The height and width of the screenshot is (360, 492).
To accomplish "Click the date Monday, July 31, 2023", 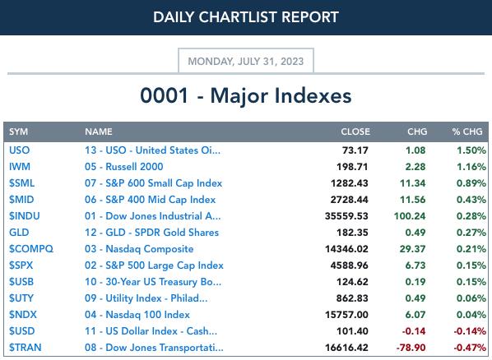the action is click(246, 61).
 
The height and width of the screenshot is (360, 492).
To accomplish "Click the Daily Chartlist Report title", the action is click(246, 17).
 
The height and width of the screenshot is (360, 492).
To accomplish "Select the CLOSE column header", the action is click(355, 132).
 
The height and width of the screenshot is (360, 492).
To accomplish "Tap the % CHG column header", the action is click(467, 132).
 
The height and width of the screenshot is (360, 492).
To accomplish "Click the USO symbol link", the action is click(20, 150).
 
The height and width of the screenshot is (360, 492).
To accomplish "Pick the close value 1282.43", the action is click(349, 183).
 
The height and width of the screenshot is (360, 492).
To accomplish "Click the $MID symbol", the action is click(21, 200).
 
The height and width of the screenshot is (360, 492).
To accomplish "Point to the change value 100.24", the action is click(410, 216).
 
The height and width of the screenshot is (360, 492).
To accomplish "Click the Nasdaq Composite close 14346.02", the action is click(346, 249).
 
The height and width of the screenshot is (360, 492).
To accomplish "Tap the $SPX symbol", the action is click(21, 265).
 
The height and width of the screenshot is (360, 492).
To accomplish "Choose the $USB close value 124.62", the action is click(352, 282).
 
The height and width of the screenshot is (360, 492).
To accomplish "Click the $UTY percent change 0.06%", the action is click(471, 298).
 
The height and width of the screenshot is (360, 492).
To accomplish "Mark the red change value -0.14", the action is click(414, 331).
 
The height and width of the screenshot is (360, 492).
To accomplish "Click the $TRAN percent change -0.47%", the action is click(470, 348).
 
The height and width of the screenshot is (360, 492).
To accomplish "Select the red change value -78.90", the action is click(411, 348).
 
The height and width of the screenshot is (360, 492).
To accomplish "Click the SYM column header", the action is click(19, 132).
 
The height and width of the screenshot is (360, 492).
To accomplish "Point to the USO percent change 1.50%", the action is click(471, 150).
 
